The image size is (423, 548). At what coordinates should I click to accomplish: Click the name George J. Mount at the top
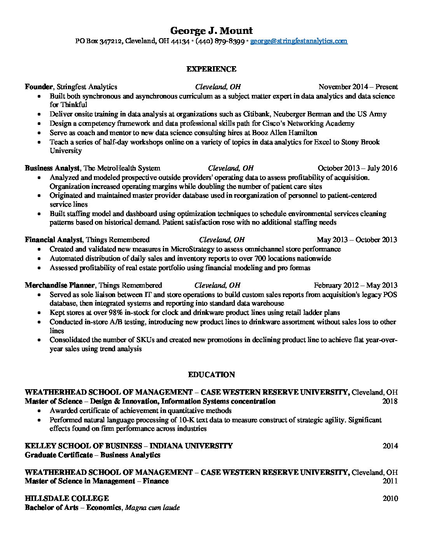coord(211,30)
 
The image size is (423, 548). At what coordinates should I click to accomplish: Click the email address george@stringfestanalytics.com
coord(299,41)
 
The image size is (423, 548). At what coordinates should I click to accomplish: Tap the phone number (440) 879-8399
coord(220,41)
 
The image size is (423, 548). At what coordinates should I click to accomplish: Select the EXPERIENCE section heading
coord(211,69)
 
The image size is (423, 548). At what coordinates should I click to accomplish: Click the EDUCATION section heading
coord(211,375)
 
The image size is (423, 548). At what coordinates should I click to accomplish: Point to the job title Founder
coord(38,87)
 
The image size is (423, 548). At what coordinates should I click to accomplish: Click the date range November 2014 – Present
coord(358,87)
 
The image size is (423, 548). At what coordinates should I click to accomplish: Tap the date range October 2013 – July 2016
coord(357,168)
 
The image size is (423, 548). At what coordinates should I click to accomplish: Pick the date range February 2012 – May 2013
coord(355,285)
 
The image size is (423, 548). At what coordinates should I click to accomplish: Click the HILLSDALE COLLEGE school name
coord(66,499)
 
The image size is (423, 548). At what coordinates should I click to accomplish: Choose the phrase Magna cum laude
coord(152,508)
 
